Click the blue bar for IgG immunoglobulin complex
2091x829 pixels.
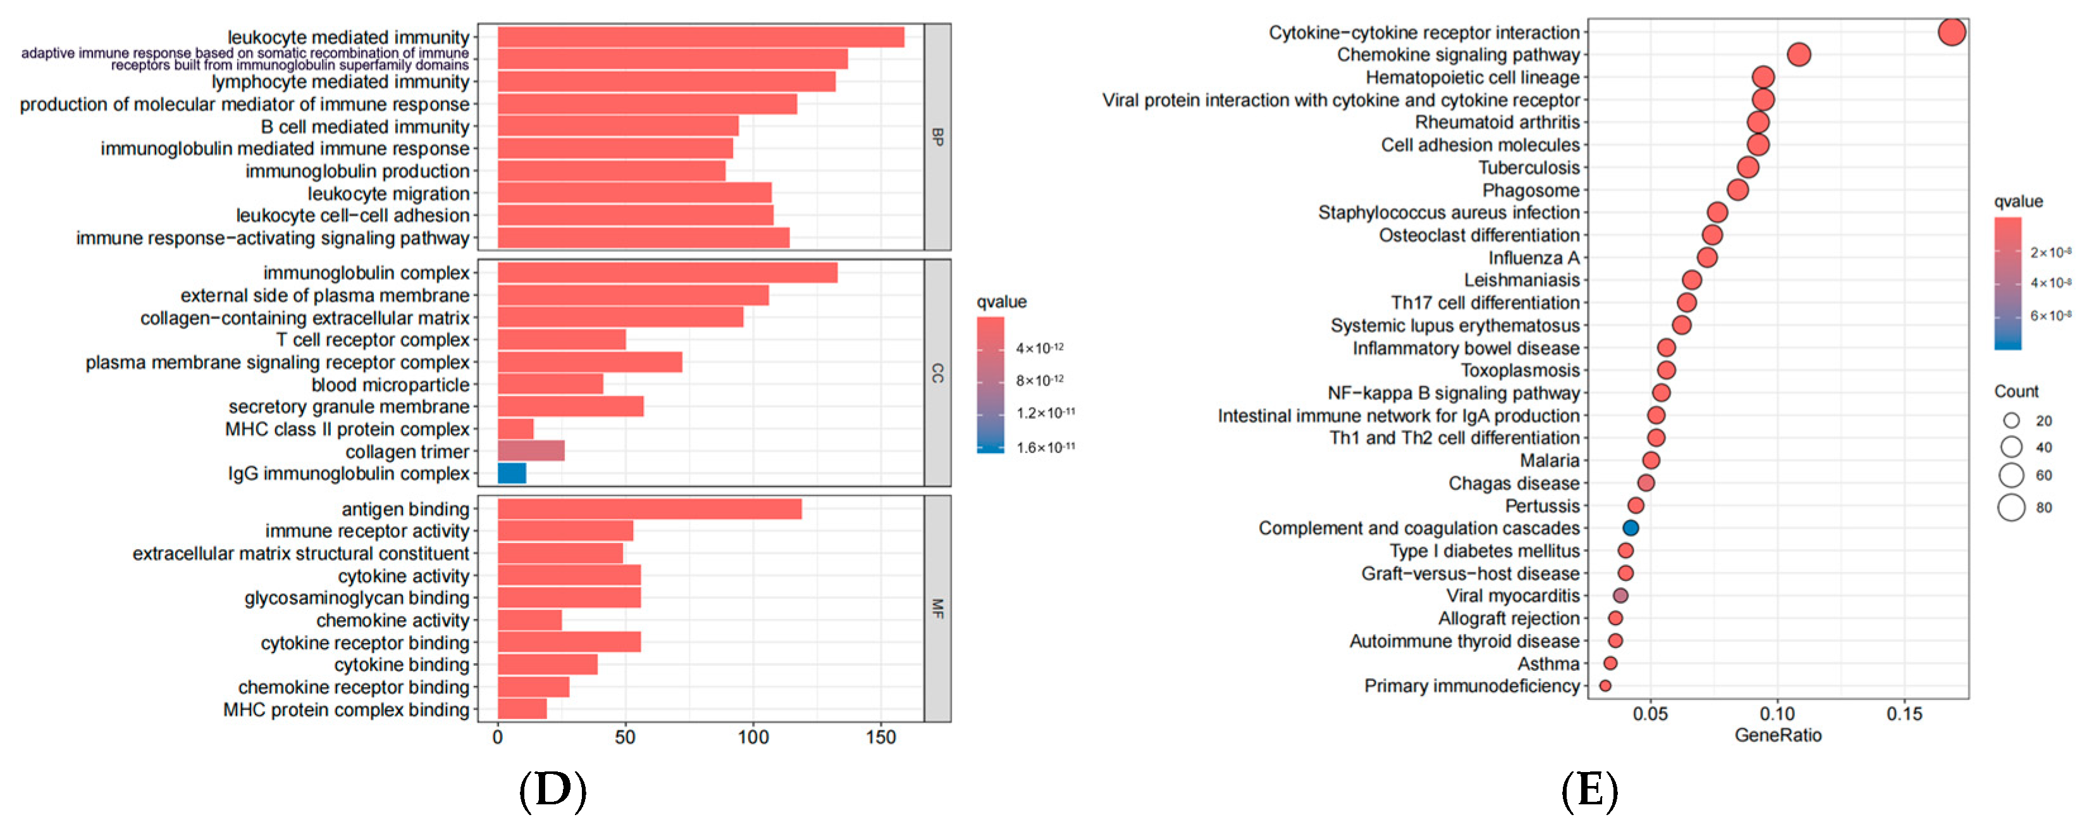point(512,473)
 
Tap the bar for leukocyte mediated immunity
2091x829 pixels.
point(701,37)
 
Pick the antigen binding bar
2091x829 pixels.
point(650,509)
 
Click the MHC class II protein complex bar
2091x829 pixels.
point(515,428)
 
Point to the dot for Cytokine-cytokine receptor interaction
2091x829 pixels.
point(1951,32)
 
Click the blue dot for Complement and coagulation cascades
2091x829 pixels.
point(1630,528)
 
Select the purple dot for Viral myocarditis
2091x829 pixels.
point(1620,595)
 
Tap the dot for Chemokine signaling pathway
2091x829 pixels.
point(1799,54)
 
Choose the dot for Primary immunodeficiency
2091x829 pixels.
point(1605,685)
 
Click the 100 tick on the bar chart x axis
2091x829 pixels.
point(753,737)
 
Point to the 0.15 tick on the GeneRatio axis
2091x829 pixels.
point(1904,714)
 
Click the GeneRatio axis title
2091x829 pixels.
point(1778,735)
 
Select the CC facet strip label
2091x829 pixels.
point(937,373)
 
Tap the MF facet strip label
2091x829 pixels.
point(937,608)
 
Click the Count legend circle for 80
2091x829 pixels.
point(2011,508)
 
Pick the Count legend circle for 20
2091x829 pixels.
point(2011,421)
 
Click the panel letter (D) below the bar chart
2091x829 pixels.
point(552,790)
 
